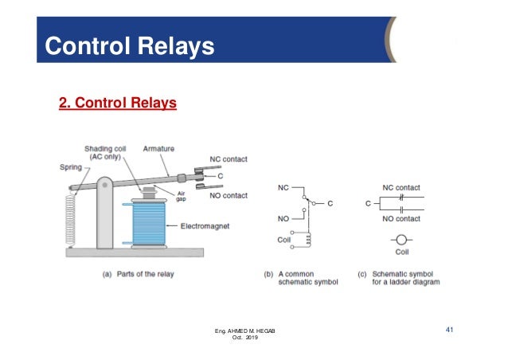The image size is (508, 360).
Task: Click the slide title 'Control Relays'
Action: (130, 46)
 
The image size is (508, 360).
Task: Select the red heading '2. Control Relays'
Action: (118, 104)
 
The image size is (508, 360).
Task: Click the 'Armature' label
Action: (158, 148)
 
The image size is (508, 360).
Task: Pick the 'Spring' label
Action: (70, 167)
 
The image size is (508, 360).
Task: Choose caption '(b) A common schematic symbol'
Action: (301, 278)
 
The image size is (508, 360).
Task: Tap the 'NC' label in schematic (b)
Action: (283, 188)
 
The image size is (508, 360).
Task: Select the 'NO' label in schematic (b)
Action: (283, 217)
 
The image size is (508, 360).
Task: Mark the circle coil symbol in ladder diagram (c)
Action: (401, 240)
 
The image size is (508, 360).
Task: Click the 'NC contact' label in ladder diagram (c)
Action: (401, 188)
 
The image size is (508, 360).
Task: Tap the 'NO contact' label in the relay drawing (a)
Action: (228, 195)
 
